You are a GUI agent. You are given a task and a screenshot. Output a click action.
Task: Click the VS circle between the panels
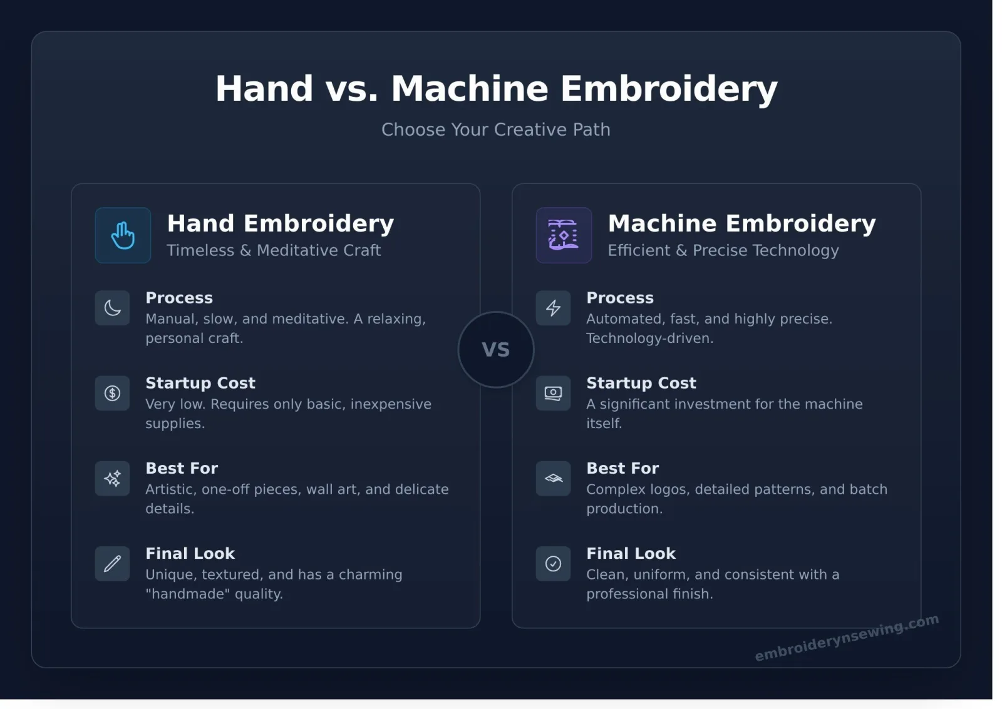(x=495, y=350)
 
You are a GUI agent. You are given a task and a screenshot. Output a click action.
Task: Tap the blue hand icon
(x=123, y=235)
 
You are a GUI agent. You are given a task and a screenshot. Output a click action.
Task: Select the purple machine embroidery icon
(x=564, y=235)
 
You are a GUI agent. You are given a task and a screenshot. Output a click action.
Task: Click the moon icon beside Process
(x=112, y=308)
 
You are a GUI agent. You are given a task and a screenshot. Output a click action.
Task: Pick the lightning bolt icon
(x=554, y=308)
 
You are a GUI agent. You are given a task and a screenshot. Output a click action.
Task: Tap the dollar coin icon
(x=112, y=394)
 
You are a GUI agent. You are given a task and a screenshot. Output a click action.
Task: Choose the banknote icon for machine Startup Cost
(x=554, y=394)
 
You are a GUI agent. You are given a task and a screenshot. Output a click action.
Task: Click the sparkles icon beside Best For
(x=112, y=478)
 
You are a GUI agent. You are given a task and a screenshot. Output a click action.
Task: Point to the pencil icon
(x=112, y=564)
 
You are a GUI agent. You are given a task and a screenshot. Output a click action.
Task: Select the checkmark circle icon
(x=554, y=564)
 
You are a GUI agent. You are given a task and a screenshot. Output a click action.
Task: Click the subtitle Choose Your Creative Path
(x=495, y=130)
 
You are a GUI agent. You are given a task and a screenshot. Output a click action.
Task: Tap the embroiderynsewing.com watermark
(x=847, y=638)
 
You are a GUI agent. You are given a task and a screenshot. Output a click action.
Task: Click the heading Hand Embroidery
(x=281, y=223)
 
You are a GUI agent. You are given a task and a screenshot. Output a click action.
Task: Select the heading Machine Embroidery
(x=741, y=223)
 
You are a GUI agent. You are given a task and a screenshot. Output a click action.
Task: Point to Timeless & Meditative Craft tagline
(x=274, y=250)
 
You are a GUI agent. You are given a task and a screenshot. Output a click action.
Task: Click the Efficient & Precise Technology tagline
(x=723, y=251)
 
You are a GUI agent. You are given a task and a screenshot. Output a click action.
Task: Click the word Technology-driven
(x=650, y=339)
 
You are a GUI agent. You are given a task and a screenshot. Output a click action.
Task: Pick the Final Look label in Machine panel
(x=631, y=553)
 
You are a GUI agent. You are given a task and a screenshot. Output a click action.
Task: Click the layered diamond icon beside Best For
(x=554, y=478)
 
